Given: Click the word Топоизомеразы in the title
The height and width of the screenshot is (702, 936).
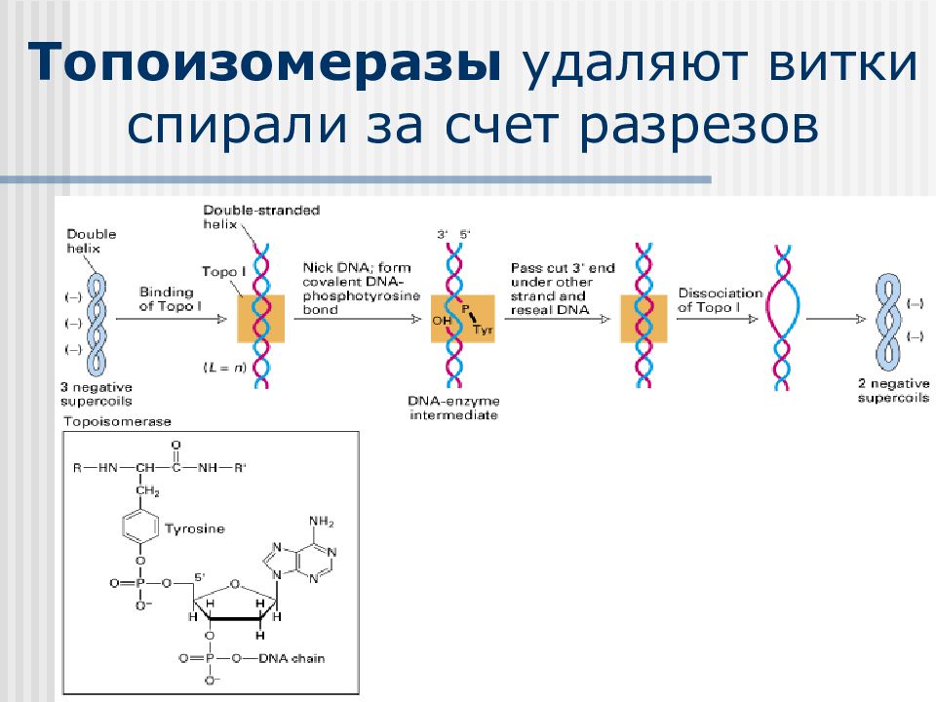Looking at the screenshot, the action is tap(264, 61).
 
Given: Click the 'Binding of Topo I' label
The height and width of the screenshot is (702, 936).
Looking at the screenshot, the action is tap(170, 299).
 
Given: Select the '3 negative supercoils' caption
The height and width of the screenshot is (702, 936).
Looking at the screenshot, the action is tap(97, 394).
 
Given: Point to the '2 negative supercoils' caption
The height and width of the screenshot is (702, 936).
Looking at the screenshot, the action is tap(894, 390).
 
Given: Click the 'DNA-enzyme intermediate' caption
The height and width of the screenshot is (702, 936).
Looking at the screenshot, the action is tap(453, 408).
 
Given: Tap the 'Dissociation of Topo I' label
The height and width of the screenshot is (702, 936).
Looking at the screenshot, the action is tap(721, 300).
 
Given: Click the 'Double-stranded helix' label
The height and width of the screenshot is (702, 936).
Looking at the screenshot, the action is tap(261, 217).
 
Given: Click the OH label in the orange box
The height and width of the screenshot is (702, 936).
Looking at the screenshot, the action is tap(442, 321).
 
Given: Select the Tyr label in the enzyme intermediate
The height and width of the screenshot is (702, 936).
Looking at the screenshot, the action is tap(483, 330).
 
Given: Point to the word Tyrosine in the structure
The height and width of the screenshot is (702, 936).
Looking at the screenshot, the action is tap(195, 528).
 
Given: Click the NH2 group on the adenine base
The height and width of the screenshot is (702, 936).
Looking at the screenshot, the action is tap(321, 522).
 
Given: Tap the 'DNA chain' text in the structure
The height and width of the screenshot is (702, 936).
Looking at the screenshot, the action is tap(292, 658).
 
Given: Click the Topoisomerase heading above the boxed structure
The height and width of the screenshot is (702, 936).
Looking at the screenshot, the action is tap(118, 421).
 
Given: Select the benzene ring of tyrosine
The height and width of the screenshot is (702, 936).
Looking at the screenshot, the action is tap(140, 527).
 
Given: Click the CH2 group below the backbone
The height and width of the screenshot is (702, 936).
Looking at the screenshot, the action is tap(147, 490).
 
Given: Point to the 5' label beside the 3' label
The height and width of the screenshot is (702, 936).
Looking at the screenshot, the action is tap(464, 235).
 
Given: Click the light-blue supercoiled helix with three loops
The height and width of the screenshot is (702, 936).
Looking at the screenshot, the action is tap(97, 325).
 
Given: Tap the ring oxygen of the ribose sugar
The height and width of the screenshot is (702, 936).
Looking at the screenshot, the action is tap(235, 584).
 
